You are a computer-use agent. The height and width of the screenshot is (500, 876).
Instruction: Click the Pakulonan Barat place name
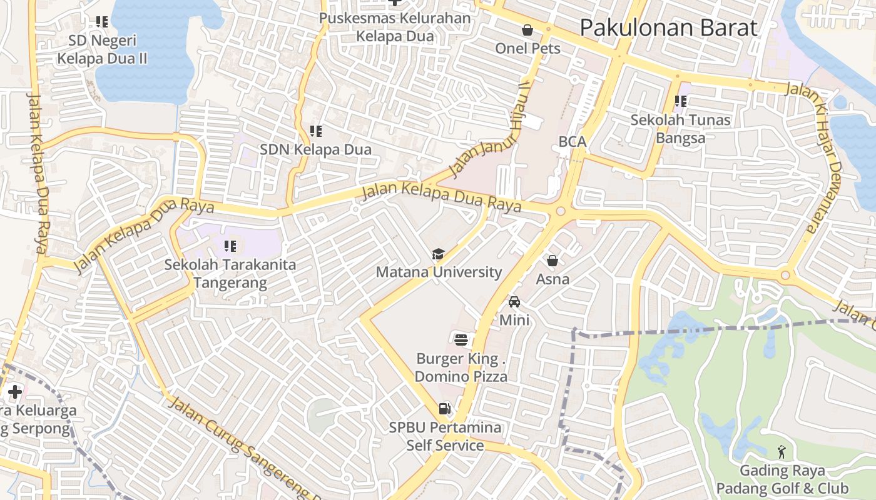(x=668, y=28)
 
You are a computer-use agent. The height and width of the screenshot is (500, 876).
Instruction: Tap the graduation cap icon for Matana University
(x=439, y=254)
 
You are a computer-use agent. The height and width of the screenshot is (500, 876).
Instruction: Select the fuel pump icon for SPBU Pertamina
(x=445, y=409)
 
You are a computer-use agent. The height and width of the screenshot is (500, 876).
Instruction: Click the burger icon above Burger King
(x=462, y=340)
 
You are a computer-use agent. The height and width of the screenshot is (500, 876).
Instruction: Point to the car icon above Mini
(x=514, y=302)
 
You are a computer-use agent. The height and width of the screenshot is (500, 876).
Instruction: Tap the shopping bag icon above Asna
(x=553, y=261)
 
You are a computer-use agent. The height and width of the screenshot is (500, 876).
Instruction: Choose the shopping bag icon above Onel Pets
(x=527, y=30)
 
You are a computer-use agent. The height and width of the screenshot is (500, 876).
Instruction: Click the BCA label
(x=573, y=142)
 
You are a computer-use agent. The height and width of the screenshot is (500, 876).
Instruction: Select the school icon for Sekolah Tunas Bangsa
(x=680, y=101)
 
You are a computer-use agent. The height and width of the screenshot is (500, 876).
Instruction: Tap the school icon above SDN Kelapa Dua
(x=316, y=131)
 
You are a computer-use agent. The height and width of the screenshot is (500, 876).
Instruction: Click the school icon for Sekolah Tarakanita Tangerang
(x=230, y=246)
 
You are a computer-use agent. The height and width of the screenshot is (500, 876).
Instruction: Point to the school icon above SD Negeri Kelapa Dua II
(x=102, y=22)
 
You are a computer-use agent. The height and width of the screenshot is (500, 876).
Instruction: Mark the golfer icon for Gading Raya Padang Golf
(x=782, y=451)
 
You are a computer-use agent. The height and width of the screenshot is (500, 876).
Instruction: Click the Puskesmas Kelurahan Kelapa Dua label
(x=395, y=27)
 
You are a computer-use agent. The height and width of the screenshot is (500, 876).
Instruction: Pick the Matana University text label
(x=439, y=272)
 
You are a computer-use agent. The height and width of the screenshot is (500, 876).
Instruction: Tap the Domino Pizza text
(x=461, y=376)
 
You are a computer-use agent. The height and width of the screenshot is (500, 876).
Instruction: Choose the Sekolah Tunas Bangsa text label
(x=680, y=129)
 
